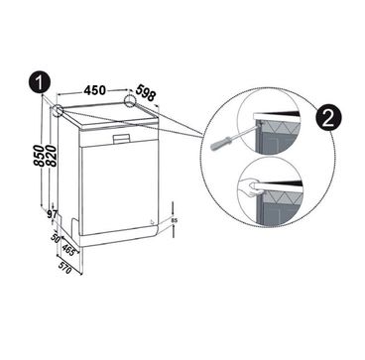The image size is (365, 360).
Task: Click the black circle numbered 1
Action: (x=40, y=82)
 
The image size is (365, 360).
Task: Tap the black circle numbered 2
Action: (x=327, y=119)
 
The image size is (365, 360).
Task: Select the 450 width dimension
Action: (x=94, y=90)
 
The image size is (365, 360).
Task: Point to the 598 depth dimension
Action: (x=146, y=93)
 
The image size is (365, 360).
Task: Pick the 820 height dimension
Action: (x=52, y=156)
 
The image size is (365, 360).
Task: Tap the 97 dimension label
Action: (x=53, y=214)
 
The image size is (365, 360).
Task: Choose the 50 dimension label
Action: (x=56, y=238)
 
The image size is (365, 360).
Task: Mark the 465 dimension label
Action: (x=68, y=250)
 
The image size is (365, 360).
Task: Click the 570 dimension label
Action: (x=64, y=268)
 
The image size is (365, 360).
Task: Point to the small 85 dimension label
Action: (x=175, y=220)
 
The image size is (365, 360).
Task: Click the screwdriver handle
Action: (x=220, y=143)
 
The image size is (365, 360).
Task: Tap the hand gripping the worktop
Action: (x=249, y=187)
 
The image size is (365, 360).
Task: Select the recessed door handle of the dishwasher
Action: (x=121, y=139)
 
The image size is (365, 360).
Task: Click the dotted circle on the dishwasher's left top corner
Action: (x=58, y=110)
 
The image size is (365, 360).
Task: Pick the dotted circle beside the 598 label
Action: (x=130, y=101)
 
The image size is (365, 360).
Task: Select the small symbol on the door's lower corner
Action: (x=152, y=222)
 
